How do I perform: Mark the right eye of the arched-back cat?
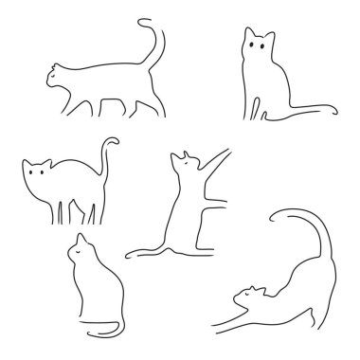coord(46,173)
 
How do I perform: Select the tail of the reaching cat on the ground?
coord(142,253)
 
